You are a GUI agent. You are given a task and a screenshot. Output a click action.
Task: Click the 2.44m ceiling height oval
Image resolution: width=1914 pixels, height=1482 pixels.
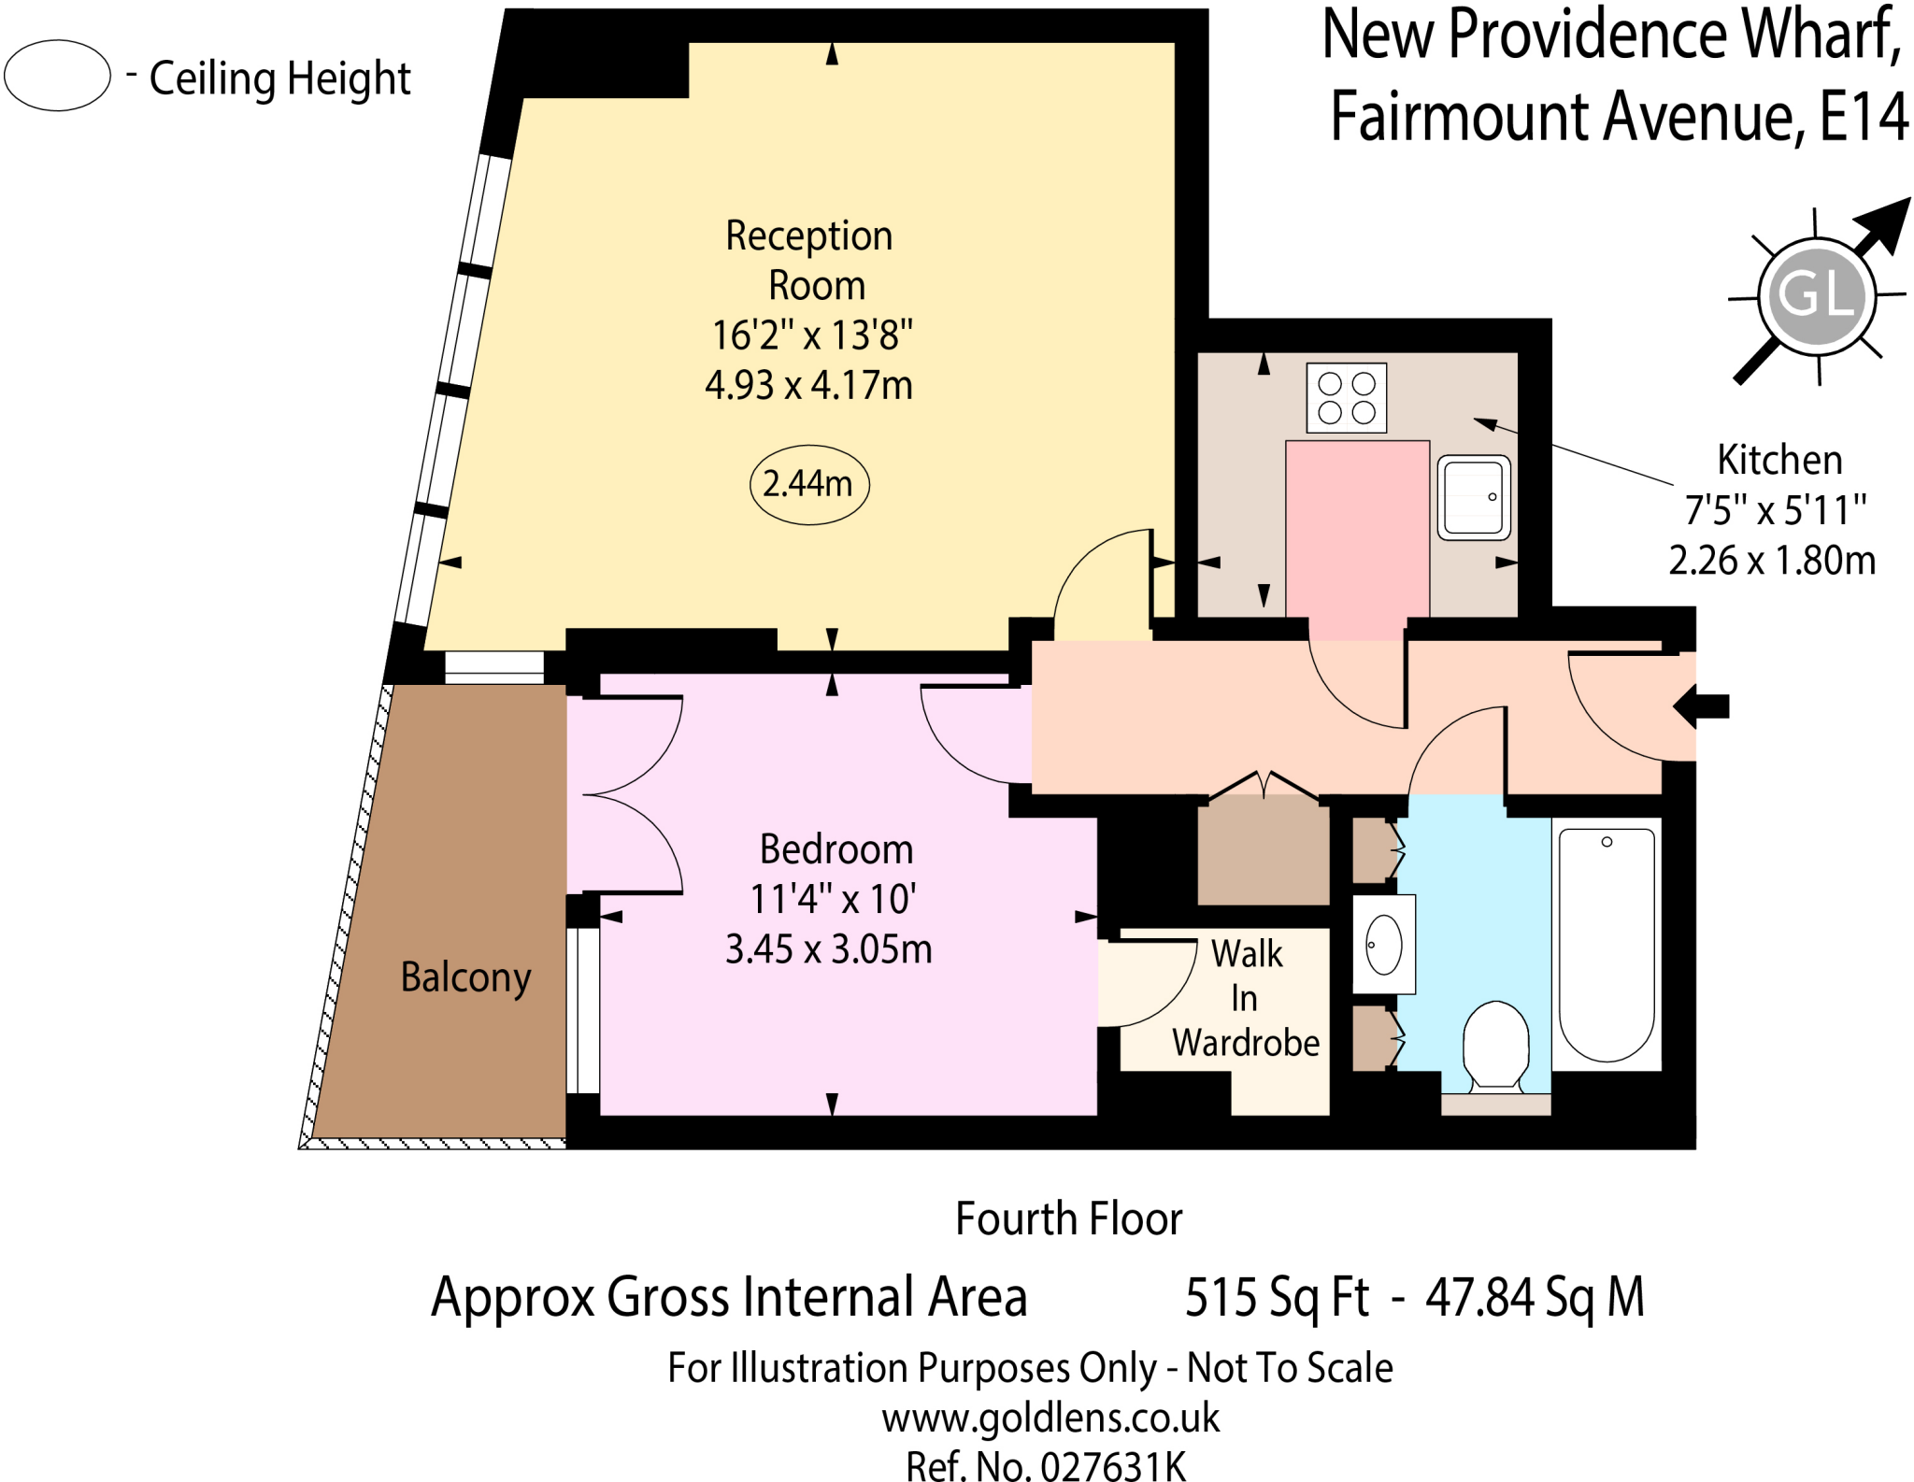[x=809, y=484]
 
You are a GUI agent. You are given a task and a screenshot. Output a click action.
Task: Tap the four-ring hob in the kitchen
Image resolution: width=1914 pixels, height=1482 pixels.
[x=1346, y=398]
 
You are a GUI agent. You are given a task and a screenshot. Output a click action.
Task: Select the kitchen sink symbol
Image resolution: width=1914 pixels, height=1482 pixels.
[x=1473, y=497]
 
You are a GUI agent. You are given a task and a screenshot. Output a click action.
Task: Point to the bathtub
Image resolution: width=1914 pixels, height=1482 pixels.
[x=1607, y=944]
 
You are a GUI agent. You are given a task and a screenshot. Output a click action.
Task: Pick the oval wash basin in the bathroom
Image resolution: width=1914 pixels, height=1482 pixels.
[x=1384, y=945]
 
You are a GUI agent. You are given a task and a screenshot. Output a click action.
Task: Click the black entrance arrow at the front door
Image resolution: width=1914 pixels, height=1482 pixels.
[x=1702, y=705]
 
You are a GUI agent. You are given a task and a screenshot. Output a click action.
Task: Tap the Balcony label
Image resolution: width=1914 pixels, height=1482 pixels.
[x=465, y=977]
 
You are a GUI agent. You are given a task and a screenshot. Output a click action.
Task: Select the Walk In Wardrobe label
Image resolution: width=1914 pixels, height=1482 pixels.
[x=1246, y=998]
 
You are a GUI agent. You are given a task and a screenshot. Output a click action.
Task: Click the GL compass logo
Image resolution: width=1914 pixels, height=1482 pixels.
[x=1817, y=295]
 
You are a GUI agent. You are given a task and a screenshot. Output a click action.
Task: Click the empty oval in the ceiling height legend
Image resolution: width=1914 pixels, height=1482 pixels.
[x=58, y=76]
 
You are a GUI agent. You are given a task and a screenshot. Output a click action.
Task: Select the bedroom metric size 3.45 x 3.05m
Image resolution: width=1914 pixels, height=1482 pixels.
[x=829, y=949]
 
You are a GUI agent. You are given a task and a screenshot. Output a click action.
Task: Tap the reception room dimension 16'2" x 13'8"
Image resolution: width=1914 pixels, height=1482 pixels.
[x=812, y=335]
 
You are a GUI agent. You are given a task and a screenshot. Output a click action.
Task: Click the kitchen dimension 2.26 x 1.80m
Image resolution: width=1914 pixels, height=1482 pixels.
[x=1772, y=561]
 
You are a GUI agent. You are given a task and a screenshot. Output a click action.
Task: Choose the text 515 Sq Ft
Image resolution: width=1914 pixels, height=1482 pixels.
[x=1277, y=1297]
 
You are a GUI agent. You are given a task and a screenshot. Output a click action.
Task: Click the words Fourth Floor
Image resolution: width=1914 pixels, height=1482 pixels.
[x=1068, y=1218]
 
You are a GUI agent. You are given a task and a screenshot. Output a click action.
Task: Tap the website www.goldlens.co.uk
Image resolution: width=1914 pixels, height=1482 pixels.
[x=1050, y=1418]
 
